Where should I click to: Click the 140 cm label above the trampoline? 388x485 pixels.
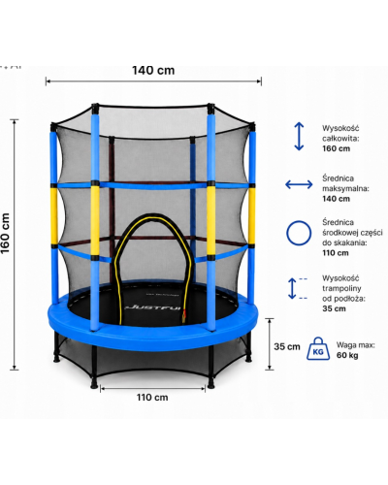153,70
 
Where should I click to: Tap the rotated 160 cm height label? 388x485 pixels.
6,233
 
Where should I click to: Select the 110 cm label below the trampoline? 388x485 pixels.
152,397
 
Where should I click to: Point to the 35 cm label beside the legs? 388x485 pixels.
287,346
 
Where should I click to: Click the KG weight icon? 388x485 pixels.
318,348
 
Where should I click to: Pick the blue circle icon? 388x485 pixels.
299,233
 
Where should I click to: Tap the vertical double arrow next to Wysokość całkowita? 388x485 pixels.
299,136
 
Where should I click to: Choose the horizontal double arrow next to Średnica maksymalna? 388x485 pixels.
299,184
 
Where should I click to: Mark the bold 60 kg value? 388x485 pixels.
347,355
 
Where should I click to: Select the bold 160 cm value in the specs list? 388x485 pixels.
337,148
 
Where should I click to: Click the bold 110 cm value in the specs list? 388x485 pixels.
336,253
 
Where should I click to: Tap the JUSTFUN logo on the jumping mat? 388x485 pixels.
152,307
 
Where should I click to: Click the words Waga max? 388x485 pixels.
356,345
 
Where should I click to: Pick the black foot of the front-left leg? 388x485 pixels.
94,384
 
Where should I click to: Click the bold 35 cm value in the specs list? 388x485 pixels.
334,308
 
